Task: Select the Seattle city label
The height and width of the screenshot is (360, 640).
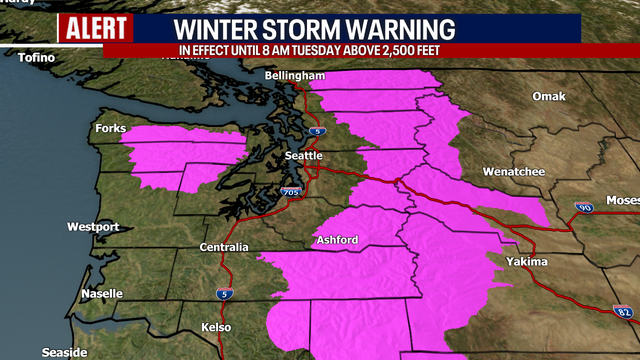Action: (303, 156)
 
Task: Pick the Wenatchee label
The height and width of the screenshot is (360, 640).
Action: (514, 172)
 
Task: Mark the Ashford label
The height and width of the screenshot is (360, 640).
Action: (337, 240)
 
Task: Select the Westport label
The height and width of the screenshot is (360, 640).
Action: (93, 227)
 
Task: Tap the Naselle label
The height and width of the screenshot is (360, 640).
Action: (102, 294)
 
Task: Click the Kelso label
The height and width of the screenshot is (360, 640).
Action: (214, 328)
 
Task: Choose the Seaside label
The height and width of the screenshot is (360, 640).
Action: (66, 352)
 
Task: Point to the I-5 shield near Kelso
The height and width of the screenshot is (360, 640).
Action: (223, 294)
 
